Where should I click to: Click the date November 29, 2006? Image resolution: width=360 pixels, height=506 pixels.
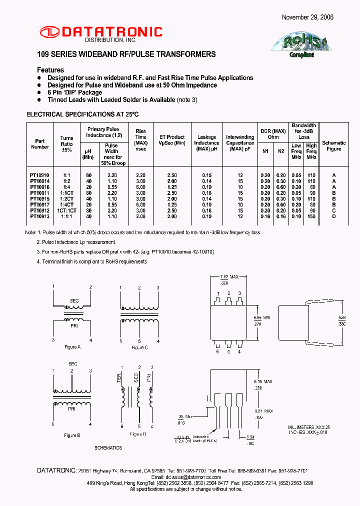(x=307, y=17)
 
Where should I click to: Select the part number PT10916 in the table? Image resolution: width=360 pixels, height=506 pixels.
(x=39, y=186)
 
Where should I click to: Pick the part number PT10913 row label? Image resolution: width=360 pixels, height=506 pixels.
(x=39, y=216)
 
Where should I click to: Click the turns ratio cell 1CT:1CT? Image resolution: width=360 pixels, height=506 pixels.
(x=66, y=210)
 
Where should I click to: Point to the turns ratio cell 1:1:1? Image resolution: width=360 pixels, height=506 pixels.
(x=66, y=216)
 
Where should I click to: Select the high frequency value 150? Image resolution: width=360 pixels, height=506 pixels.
(x=312, y=216)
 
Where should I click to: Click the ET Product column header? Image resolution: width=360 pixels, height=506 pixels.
(x=171, y=139)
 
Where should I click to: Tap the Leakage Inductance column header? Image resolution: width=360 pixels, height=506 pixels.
(x=206, y=142)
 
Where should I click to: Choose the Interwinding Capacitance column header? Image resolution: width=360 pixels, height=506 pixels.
(x=240, y=142)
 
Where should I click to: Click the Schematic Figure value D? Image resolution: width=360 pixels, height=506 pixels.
(x=333, y=216)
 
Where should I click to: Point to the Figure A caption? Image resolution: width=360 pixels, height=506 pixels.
(x=72, y=346)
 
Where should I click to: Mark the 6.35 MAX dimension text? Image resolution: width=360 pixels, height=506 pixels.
(x=263, y=381)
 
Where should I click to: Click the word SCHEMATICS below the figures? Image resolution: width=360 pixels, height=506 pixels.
(x=108, y=447)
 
